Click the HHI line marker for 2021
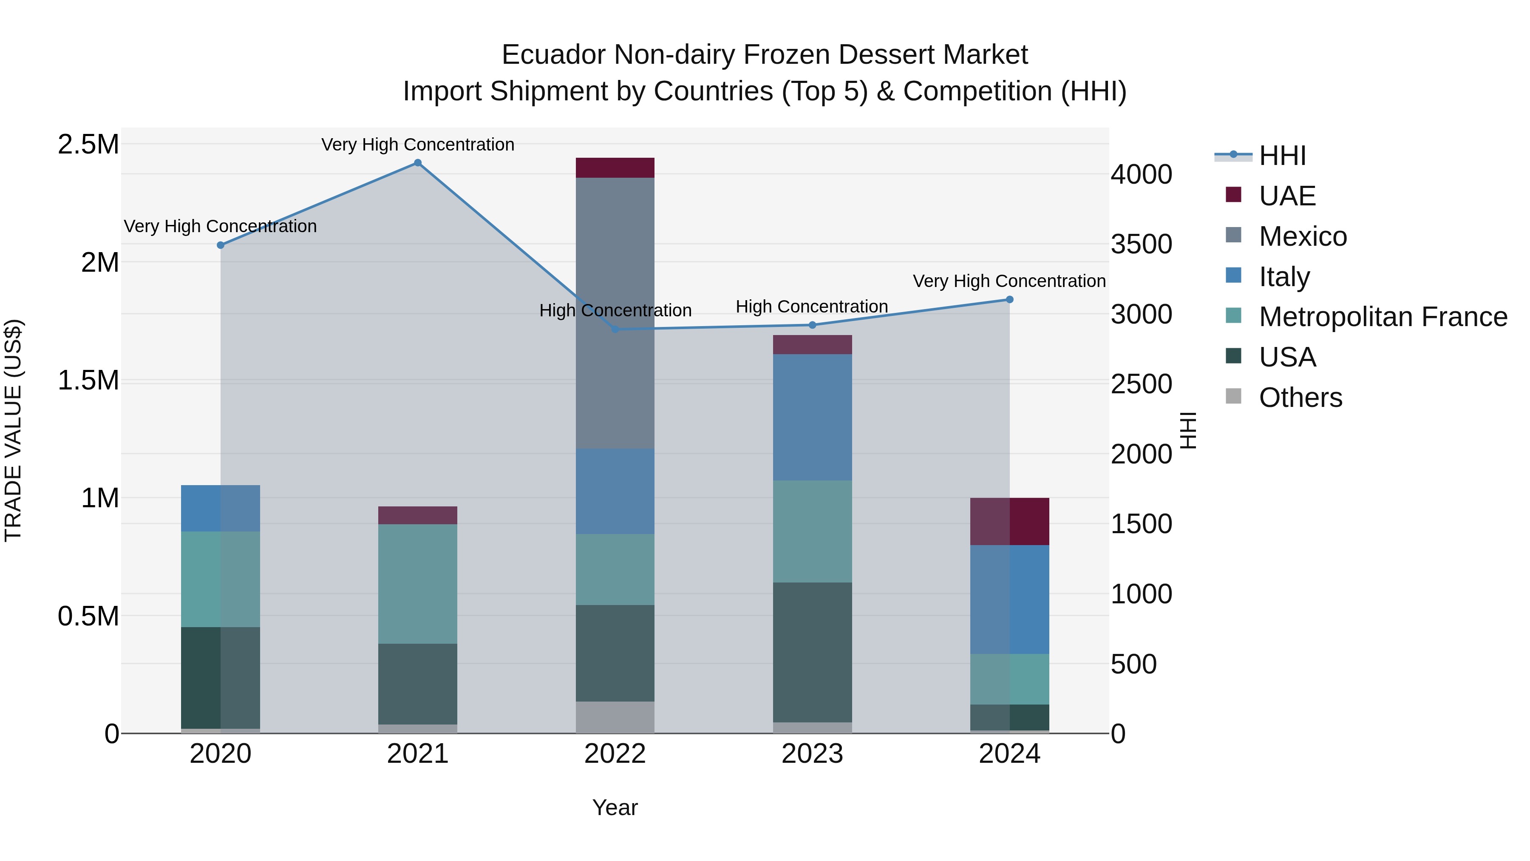click(417, 163)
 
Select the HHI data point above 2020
click(220, 245)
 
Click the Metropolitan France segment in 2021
click(417, 583)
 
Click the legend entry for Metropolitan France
click(1382, 317)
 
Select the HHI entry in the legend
click(1282, 156)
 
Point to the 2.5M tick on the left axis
click(88, 145)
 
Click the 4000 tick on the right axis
click(1141, 175)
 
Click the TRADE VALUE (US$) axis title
click(13, 430)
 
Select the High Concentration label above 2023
click(811, 307)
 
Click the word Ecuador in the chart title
click(553, 55)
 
